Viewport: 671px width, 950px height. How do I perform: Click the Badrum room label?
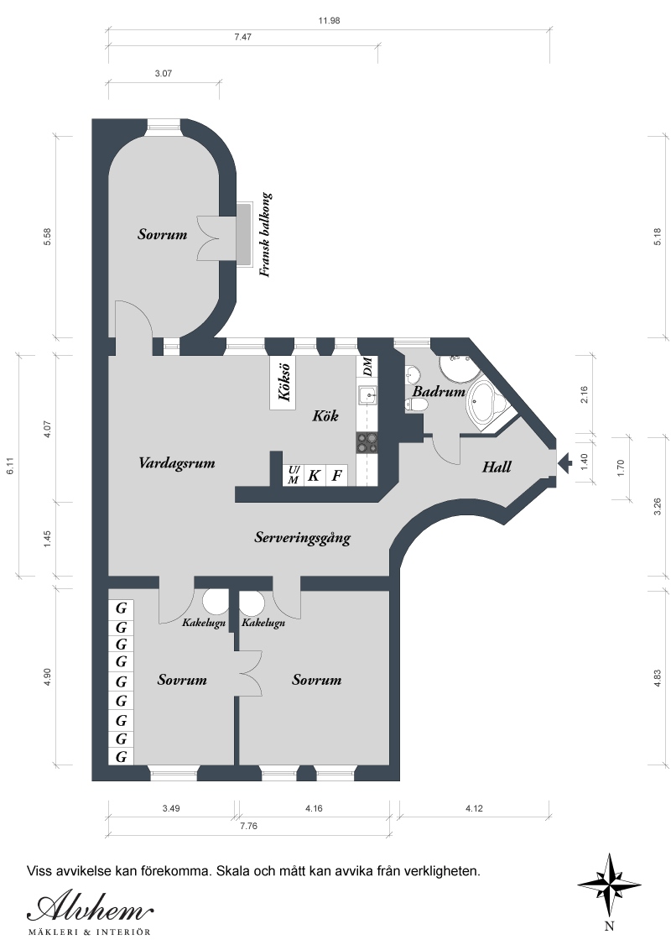[439, 391]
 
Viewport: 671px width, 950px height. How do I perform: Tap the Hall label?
[497, 467]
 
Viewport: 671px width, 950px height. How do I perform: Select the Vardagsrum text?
[177, 463]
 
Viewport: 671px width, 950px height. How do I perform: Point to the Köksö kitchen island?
[283, 383]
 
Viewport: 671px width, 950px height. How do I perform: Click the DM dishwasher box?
[367, 367]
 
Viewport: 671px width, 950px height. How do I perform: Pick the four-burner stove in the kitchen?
[367, 443]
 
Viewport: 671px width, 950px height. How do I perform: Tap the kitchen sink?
[367, 396]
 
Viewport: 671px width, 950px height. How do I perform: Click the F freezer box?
[336, 476]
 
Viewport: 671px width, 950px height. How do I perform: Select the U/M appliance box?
[293, 476]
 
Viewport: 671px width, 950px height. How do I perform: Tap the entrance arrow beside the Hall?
[564, 463]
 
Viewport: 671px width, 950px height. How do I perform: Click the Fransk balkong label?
[265, 235]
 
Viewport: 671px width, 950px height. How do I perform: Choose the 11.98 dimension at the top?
[329, 21]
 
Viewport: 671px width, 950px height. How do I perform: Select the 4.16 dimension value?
[314, 808]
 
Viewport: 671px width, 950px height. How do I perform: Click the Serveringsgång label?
[302, 538]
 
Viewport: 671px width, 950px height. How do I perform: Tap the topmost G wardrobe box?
[121, 608]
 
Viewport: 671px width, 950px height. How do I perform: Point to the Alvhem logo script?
[90, 909]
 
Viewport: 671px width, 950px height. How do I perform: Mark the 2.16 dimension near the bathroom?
[585, 395]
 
